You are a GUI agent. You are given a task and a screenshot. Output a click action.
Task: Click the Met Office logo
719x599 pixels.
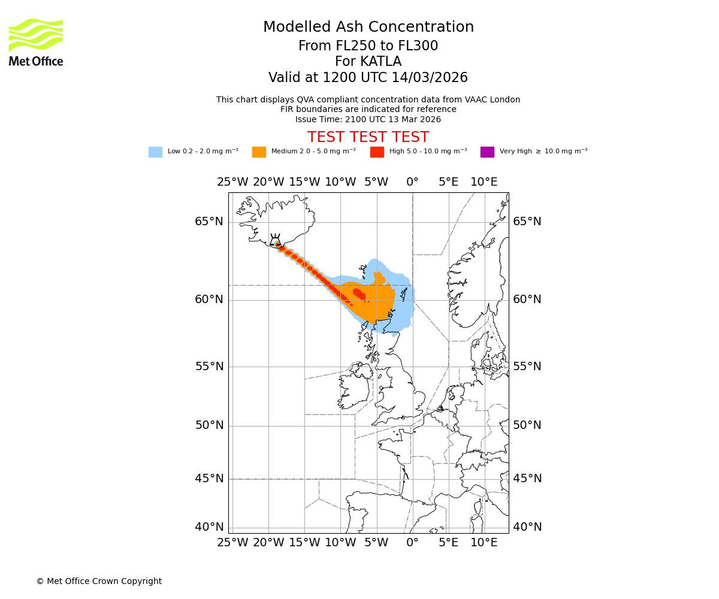coord(36,42)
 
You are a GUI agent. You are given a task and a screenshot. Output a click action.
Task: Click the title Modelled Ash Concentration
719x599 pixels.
coord(368,27)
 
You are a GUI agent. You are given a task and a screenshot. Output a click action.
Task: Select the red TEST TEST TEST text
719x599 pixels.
coord(368,137)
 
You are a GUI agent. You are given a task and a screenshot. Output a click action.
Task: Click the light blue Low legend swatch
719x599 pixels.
coord(155,152)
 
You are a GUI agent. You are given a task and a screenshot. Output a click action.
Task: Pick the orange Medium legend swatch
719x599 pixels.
coord(259,152)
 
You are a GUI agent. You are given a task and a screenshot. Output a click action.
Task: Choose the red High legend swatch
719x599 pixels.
coord(377,152)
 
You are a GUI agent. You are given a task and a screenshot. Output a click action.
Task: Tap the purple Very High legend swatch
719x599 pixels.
coord(487,152)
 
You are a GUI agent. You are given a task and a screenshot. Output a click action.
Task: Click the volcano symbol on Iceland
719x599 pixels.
coord(275,240)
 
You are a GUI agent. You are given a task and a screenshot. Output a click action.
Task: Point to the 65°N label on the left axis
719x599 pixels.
coord(209,222)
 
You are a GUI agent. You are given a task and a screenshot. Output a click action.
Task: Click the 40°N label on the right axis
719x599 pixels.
coord(527,527)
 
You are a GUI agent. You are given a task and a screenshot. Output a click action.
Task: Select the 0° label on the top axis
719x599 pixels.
coord(412,182)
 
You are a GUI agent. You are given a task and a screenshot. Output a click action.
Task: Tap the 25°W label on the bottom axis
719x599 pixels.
coord(232,543)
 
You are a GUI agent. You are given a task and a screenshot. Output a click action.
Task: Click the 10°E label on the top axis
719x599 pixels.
coord(484,182)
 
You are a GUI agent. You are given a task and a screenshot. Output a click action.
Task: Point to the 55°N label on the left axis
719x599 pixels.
coord(209,367)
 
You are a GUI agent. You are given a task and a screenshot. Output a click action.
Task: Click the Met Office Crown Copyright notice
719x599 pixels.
coord(99,581)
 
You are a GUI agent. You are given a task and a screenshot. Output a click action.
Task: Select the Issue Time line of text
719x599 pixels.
coord(368,119)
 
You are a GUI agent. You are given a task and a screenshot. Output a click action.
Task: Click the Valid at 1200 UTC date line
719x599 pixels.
coord(368,78)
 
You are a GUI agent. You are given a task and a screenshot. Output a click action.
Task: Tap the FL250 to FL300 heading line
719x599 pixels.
coord(368,46)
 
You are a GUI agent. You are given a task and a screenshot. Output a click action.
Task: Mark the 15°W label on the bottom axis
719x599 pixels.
coord(304,543)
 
